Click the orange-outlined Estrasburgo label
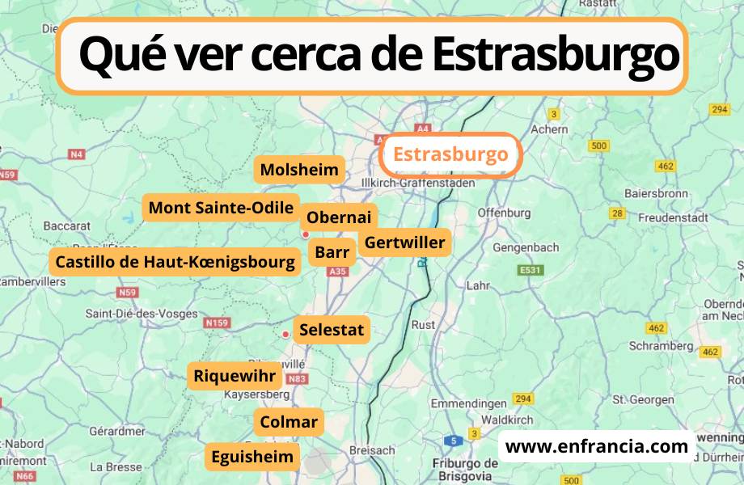[450, 154]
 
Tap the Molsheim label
[299, 171]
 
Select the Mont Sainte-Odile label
[221, 208]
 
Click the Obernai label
[339, 217]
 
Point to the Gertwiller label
[404, 242]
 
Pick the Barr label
[332, 252]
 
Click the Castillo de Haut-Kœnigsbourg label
[175, 261]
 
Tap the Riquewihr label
[235, 376]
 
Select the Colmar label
[289, 421]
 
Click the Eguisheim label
[252, 457]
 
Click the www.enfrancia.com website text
[596, 446]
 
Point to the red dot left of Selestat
[285, 334]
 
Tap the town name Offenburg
[504, 213]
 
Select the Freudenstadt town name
[673, 217]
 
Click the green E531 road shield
[531, 270]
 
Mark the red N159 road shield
[217, 323]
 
